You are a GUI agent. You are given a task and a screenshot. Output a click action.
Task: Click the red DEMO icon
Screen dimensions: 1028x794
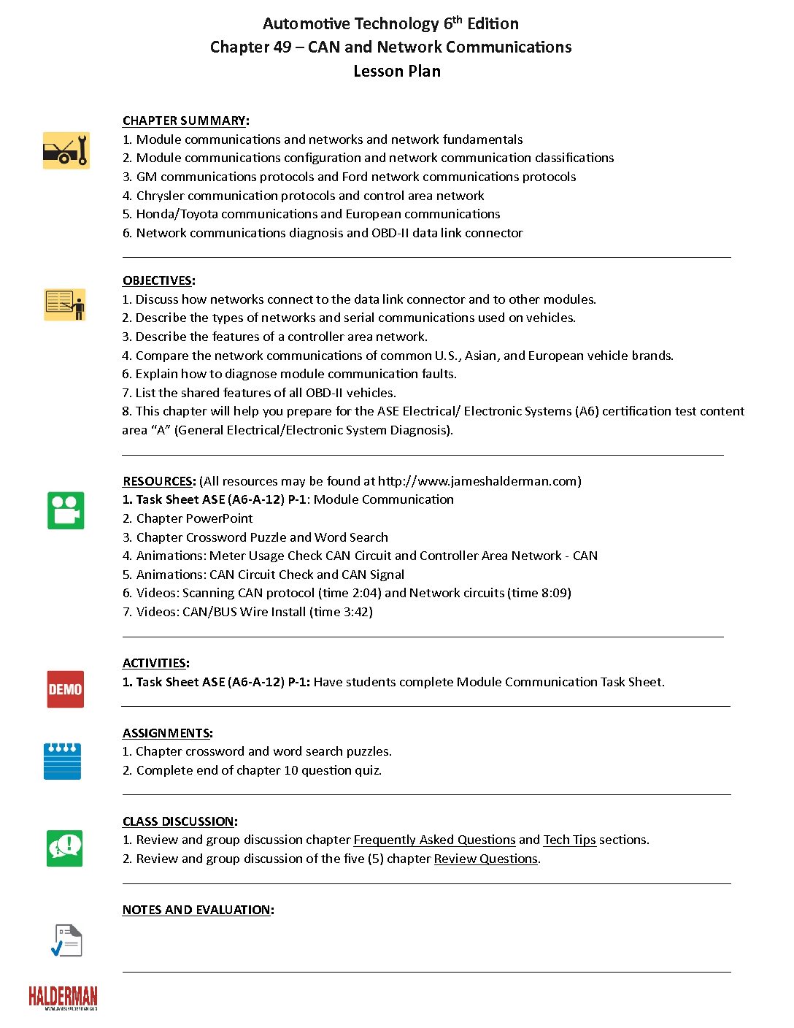click(65, 689)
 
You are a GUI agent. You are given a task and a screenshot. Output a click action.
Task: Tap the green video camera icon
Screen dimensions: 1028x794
click(66, 510)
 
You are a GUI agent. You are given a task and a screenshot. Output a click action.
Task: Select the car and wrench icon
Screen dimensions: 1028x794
click(66, 150)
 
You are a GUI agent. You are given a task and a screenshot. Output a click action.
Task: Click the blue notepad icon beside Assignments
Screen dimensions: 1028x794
click(63, 762)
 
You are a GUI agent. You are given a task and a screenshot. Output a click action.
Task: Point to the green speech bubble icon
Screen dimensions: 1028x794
click(64, 848)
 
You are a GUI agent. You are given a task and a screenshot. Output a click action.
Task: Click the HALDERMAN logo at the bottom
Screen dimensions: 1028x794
click(63, 997)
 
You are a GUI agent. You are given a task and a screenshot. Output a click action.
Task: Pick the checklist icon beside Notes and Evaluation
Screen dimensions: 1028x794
click(66, 940)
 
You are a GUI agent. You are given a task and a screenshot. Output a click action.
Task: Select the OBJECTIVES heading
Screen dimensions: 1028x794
click(158, 280)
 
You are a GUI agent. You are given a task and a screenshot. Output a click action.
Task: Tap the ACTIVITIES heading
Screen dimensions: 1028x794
click(155, 663)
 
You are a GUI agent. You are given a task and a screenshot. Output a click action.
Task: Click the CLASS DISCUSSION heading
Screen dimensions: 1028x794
click(180, 821)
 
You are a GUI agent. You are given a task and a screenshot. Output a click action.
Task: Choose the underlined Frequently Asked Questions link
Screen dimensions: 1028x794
click(434, 840)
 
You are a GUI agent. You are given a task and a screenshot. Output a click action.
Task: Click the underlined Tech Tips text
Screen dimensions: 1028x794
click(569, 840)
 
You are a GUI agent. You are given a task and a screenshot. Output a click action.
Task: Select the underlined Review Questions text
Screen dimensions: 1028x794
click(485, 859)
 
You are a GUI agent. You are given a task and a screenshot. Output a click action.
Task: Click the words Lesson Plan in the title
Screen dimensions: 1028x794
click(397, 71)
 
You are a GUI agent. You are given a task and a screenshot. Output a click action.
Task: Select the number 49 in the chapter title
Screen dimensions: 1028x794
click(282, 47)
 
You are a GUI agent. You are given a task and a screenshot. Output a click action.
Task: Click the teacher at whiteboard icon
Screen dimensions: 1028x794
click(65, 304)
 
